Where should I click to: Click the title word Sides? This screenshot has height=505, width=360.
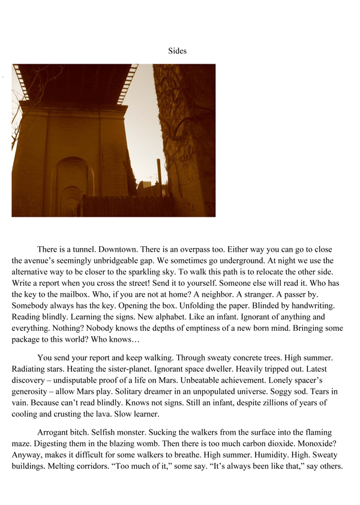click(x=178, y=51)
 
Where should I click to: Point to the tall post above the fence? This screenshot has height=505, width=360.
click(x=159, y=177)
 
